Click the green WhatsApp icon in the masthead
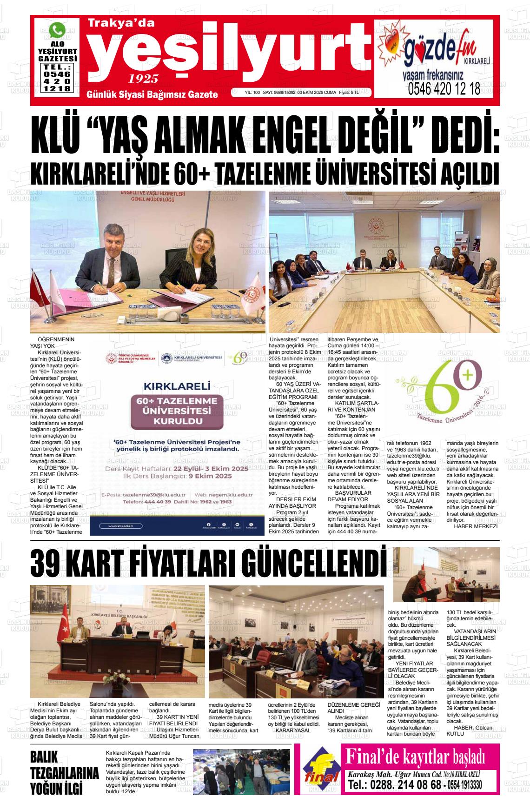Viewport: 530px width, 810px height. pos(57,31)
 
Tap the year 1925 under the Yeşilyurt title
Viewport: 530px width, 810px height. pos(143,78)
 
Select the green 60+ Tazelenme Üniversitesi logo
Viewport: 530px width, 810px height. pos(447,391)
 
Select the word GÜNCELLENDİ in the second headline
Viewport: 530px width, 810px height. pos(318,564)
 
